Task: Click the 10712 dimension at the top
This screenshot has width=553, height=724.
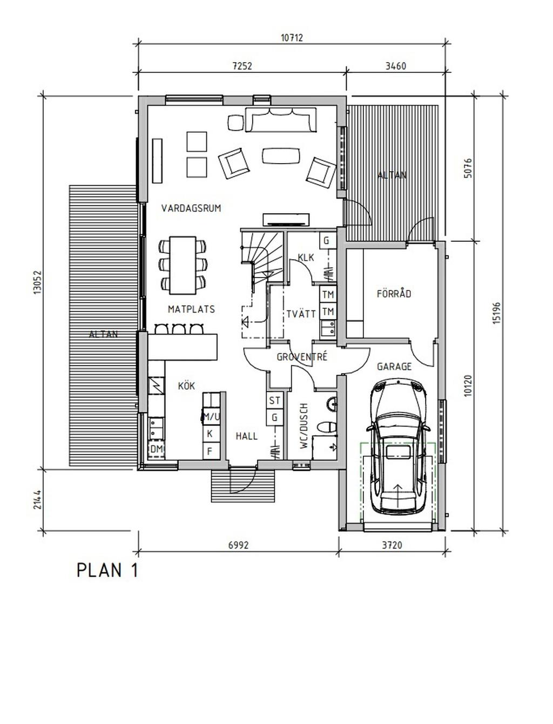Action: (x=292, y=38)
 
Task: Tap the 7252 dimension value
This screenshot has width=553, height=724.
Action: (x=242, y=66)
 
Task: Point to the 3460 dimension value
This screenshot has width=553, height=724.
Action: (x=396, y=66)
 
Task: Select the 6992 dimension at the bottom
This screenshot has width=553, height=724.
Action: (x=238, y=545)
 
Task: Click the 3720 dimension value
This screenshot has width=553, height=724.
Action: (x=392, y=545)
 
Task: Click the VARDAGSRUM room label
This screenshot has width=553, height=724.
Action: (x=191, y=208)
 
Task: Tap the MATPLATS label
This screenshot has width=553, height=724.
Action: (x=191, y=309)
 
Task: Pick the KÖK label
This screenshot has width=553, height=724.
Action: (x=186, y=385)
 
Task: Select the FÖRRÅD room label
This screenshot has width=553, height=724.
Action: (x=394, y=293)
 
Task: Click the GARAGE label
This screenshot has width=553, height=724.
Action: (x=394, y=367)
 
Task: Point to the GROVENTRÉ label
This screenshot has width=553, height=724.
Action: (x=302, y=356)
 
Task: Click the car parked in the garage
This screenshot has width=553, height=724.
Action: (x=398, y=446)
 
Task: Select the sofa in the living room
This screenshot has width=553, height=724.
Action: (x=281, y=120)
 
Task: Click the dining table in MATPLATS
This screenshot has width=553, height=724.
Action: (x=183, y=265)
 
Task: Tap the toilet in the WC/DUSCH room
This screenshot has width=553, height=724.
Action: (x=326, y=428)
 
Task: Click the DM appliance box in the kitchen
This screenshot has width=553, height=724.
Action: (x=157, y=449)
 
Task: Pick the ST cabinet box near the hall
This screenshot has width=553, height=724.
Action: (x=274, y=401)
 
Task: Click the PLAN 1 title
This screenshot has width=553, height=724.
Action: (x=107, y=570)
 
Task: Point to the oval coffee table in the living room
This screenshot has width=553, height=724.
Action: (x=281, y=155)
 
